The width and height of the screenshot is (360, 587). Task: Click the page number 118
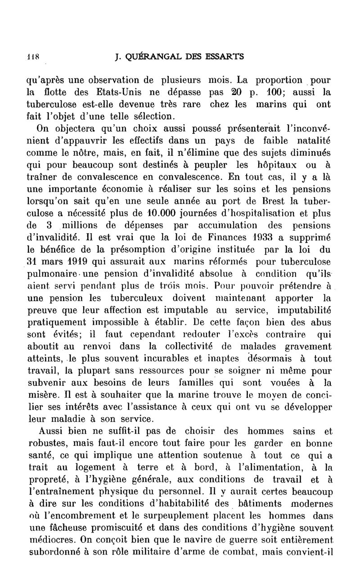[32, 57]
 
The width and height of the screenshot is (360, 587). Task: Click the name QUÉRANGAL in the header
[154, 57]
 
